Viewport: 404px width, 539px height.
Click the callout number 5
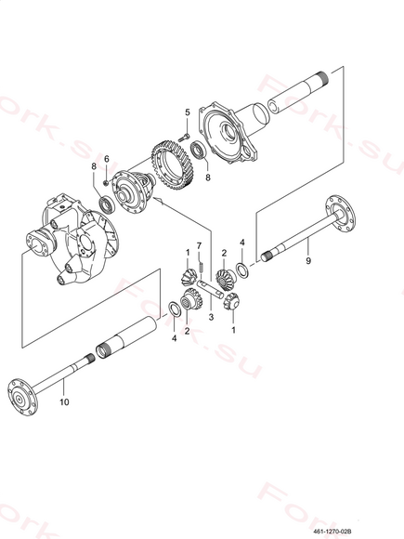pyautogui.click(x=188, y=112)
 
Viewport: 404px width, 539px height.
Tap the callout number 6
pyautogui.click(x=107, y=160)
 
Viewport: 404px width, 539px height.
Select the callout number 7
pyautogui.click(x=199, y=245)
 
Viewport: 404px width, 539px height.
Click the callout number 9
pyautogui.click(x=308, y=260)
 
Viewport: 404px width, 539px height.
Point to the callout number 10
pyautogui.click(x=64, y=401)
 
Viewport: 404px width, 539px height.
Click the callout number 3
pyautogui.click(x=211, y=317)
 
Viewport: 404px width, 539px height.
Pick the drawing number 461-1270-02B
pyautogui.click(x=332, y=531)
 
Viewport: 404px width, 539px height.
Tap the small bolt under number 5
pyautogui.click(x=185, y=138)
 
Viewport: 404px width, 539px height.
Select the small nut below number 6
pyautogui.click(x=106, y=182)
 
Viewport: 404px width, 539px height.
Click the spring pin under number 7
pyautogui.click(x=202, y=267)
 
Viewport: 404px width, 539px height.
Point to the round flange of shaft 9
pyautogui.click(x=340, y=213)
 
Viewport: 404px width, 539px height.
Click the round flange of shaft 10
pyautogui.click(x=22, y=398)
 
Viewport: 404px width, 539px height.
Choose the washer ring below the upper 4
pyautogui.click(x=242, y=270)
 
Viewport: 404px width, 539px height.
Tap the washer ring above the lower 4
pyautogui.click(x=175, y=309)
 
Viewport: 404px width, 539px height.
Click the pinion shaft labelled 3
pyautogui.click(x=210, y=288)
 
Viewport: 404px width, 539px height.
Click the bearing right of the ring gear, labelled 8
pyautogui.click(x=198, y=150)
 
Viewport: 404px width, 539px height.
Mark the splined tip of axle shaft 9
pyautogui.click(x=267, y=256)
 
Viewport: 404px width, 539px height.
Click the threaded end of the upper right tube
pyautogui.click(x=322, y=78)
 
